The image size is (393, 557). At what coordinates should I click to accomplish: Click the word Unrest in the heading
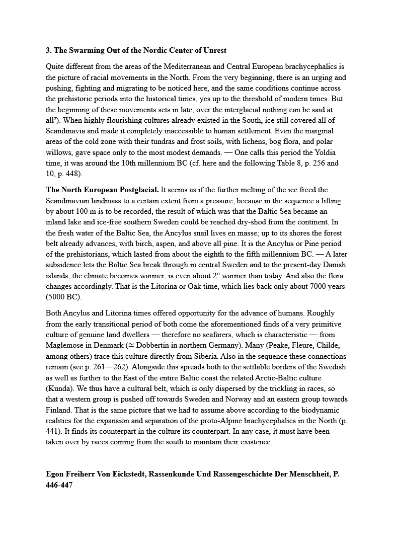point(213,50)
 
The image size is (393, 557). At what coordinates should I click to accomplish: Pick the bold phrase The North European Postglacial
point(102,190)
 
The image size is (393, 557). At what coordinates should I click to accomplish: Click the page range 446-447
point(59,485)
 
